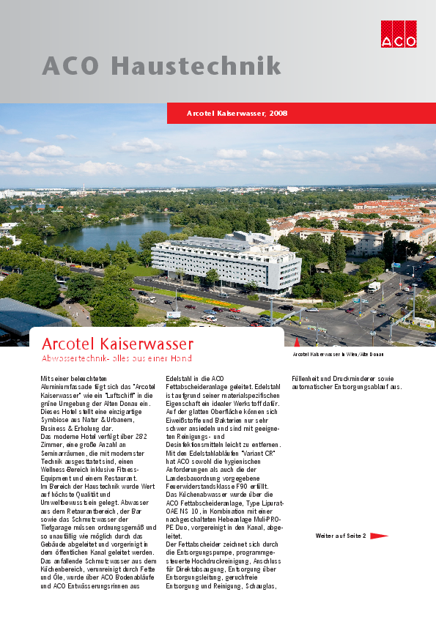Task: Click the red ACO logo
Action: tap(398, 32)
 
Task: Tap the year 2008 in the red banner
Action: tap(278, 114)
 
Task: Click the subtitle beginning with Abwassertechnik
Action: tap(117, 358)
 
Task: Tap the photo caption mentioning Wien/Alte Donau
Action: tap(338, 354)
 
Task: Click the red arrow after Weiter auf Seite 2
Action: tap(379, 536)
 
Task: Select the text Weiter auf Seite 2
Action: tap(341, 536)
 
